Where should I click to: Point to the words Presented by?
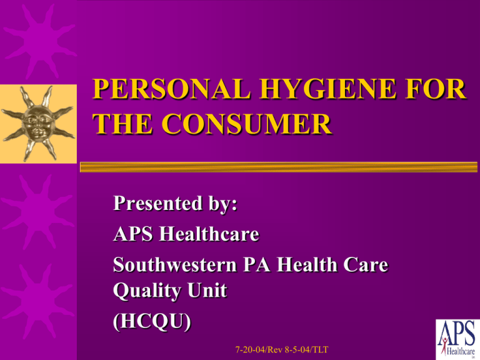pyautogui.click(x=177, y=206)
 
